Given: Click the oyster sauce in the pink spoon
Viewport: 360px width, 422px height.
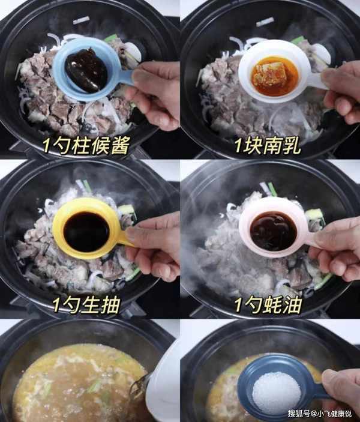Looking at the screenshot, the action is click(x=274, y=231).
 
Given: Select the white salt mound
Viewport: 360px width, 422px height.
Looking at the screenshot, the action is click(x=277, y=388).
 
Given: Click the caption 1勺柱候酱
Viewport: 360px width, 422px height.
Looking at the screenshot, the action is click(x=86, y=146).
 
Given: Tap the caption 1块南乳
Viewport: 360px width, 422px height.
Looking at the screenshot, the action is click(x=268, y=146).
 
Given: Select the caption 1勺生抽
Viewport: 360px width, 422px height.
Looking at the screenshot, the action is click(x=86, y=305).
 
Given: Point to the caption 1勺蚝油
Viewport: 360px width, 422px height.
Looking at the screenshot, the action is click(x=268, y=305).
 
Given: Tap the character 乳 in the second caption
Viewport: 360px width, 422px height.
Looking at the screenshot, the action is click(x=291, y=146).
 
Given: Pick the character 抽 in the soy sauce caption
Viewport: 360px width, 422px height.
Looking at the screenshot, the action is click(x=110, y=305).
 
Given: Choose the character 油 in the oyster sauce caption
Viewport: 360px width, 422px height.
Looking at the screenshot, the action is click(x=292, y=305).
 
